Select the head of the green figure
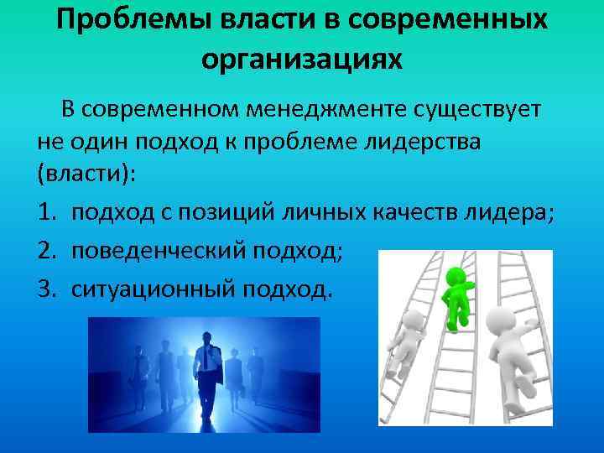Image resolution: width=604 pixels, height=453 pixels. tap(456, 275)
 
